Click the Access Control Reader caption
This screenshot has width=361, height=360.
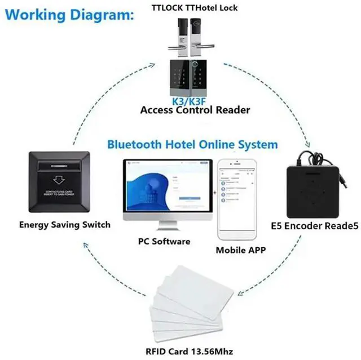[195, 110]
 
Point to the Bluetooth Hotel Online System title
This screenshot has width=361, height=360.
[192, 144]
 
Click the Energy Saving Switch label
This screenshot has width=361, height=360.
[64, 225]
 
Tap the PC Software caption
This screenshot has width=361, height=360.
[164, 241]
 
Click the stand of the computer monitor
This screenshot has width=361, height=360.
[168, 228]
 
